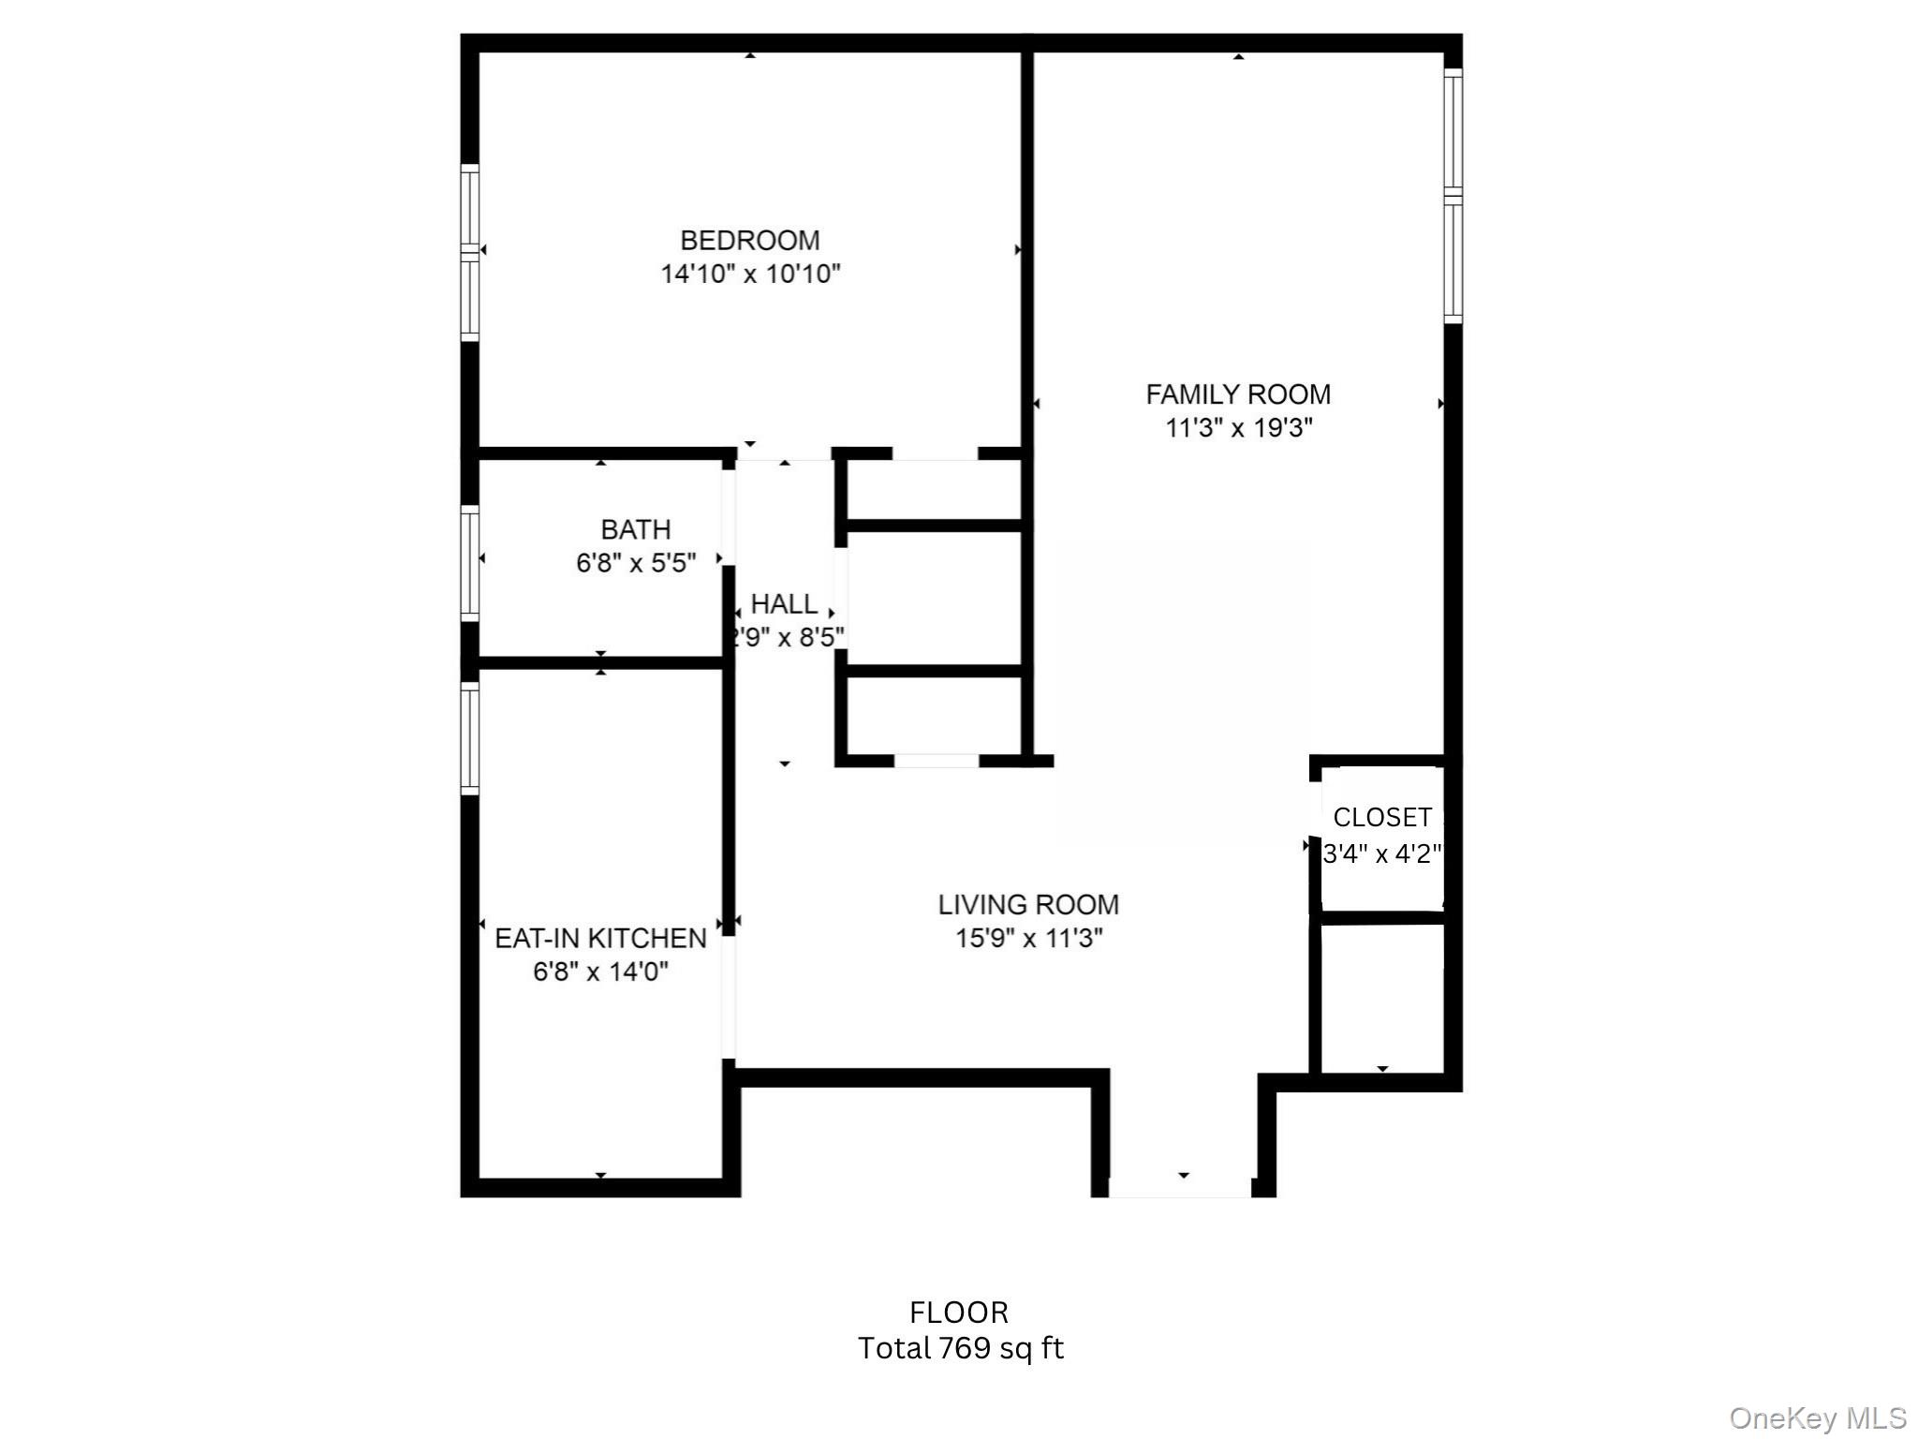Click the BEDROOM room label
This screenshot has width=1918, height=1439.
[749, 241]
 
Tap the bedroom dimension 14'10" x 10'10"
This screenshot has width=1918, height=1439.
[750, 274]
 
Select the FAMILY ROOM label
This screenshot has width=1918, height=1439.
[1238, 394]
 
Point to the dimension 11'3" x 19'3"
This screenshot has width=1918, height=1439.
[1238, 428]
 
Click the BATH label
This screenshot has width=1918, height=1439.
[636, 530]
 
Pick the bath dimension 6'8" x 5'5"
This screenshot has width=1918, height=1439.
[636, 563]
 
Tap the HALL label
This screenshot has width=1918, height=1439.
[785, 604]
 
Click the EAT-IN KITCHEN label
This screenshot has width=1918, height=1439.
[600, 938]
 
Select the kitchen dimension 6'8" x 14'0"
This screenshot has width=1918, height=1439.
[600, 972]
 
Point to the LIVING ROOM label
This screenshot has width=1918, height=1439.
[1028, 905]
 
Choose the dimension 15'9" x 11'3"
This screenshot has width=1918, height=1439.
[1028, 938]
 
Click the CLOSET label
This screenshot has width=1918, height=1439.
[1382, 818]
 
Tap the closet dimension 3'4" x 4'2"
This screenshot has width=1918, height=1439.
[1382, 853]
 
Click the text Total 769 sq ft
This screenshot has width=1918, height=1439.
[960, 1348]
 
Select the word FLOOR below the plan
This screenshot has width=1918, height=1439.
[959, 1313]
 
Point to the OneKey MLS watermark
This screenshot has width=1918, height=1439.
[1817, 1418]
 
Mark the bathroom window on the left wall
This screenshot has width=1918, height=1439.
[470, 563]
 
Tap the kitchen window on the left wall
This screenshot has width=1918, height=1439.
[470, 738]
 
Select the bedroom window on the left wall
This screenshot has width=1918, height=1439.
[470, 252]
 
